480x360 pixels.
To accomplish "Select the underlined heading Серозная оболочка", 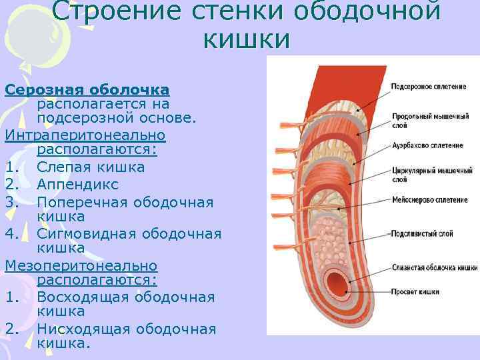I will pyautogui.click(x=87, y=89).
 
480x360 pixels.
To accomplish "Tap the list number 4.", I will pyautogui.click(x=10, y=233).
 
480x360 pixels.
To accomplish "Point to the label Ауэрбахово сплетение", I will pyautogui.click(x=427, y=145).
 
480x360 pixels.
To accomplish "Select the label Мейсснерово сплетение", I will pyautogui.click(x=429, y=199).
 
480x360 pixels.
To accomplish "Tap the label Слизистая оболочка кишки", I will pyautogui.click(x=433, y=267).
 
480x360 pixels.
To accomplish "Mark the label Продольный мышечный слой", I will pyautogui.click(x=430, y=119).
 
